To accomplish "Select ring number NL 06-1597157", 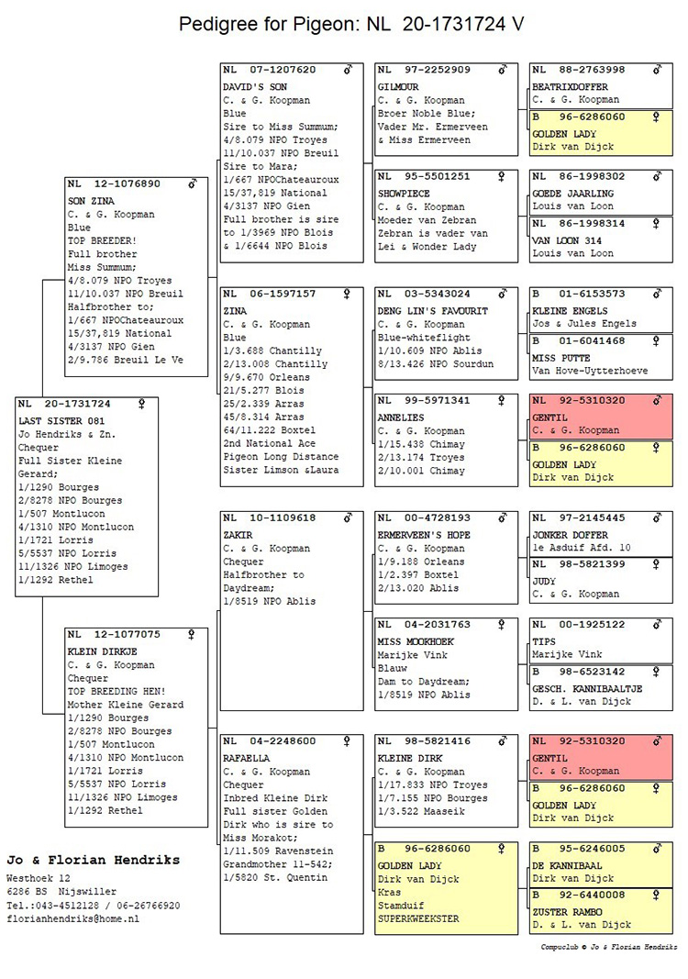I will pos(270,295).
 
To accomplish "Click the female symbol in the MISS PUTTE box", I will pos(656,341).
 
